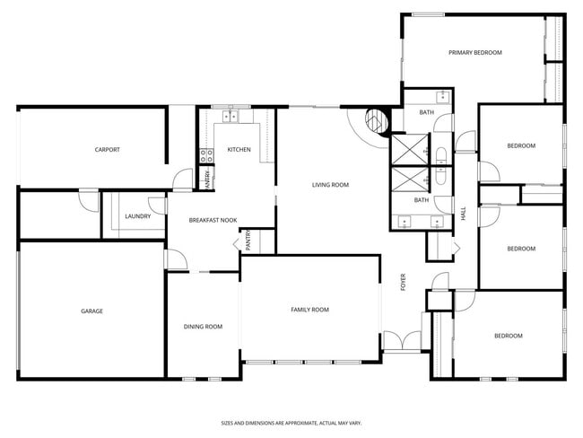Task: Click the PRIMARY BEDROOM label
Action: point(474,53)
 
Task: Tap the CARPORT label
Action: point(107,150)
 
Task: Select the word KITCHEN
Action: point(239,149)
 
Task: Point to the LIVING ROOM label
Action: point(330,185)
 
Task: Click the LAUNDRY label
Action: point(137,215)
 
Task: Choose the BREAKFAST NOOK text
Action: point(213,220)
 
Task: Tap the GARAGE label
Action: point(91,311)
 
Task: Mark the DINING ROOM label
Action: point(203,327)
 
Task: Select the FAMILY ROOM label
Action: point(309,310)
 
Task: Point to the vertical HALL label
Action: point(464,215)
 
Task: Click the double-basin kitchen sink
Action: point(236,116)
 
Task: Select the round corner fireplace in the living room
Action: point(376,119)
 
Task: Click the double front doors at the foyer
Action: point(400,341)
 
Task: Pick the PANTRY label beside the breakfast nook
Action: point(247,241)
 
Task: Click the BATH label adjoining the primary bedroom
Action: point(427,112)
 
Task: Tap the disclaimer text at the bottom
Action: point(291,422)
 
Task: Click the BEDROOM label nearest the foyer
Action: point(508,336)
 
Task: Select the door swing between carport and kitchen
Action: point(183,179)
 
